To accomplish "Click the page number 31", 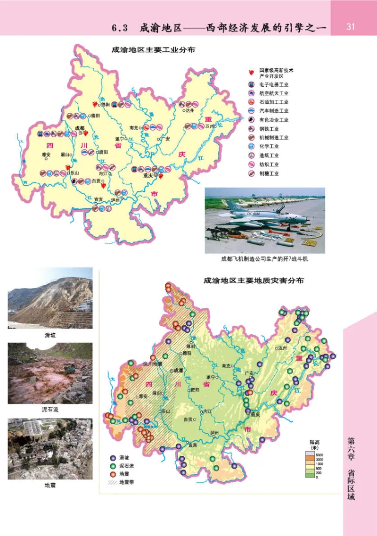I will (350, 27).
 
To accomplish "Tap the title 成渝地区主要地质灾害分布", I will (254, 280).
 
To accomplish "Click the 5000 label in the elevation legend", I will (319, 453).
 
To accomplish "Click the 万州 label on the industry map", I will (209, 126).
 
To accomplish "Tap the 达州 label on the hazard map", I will (283, 348).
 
